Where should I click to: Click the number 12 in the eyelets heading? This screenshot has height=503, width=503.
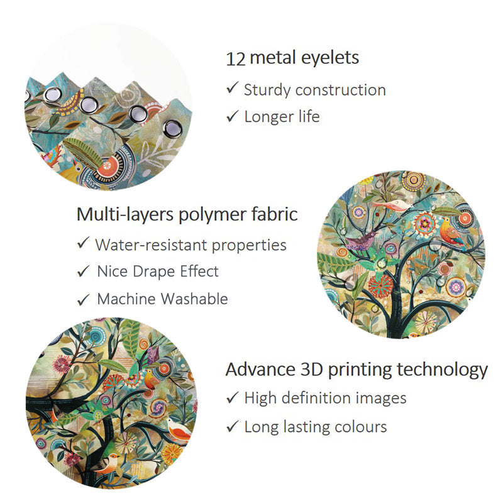pos(236,59)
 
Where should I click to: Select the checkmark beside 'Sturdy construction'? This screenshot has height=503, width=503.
pos(232,87)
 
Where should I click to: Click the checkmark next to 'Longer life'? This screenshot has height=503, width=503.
pos(232,116)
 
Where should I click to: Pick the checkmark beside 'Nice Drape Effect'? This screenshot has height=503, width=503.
pos(83,271)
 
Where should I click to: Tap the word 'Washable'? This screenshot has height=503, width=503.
pos(194,299)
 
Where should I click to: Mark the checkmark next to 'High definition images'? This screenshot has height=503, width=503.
pos(232,398)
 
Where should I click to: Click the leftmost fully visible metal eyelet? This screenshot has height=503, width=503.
pos(53,96)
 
